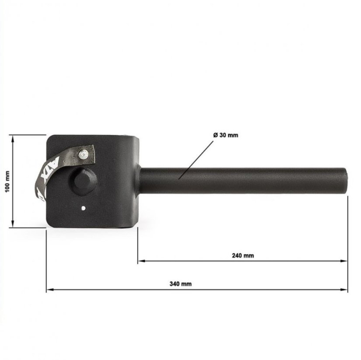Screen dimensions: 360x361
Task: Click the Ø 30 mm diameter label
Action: [x=226, y=135]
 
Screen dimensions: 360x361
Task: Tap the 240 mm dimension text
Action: [x=243, y=256]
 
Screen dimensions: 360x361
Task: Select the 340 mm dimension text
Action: [x=180, y=284]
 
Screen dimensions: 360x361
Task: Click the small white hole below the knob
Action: [x=83, y=208]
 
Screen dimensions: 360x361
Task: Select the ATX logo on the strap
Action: [x=45, y=175]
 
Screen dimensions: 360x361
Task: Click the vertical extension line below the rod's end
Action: [x=348, y=236]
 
